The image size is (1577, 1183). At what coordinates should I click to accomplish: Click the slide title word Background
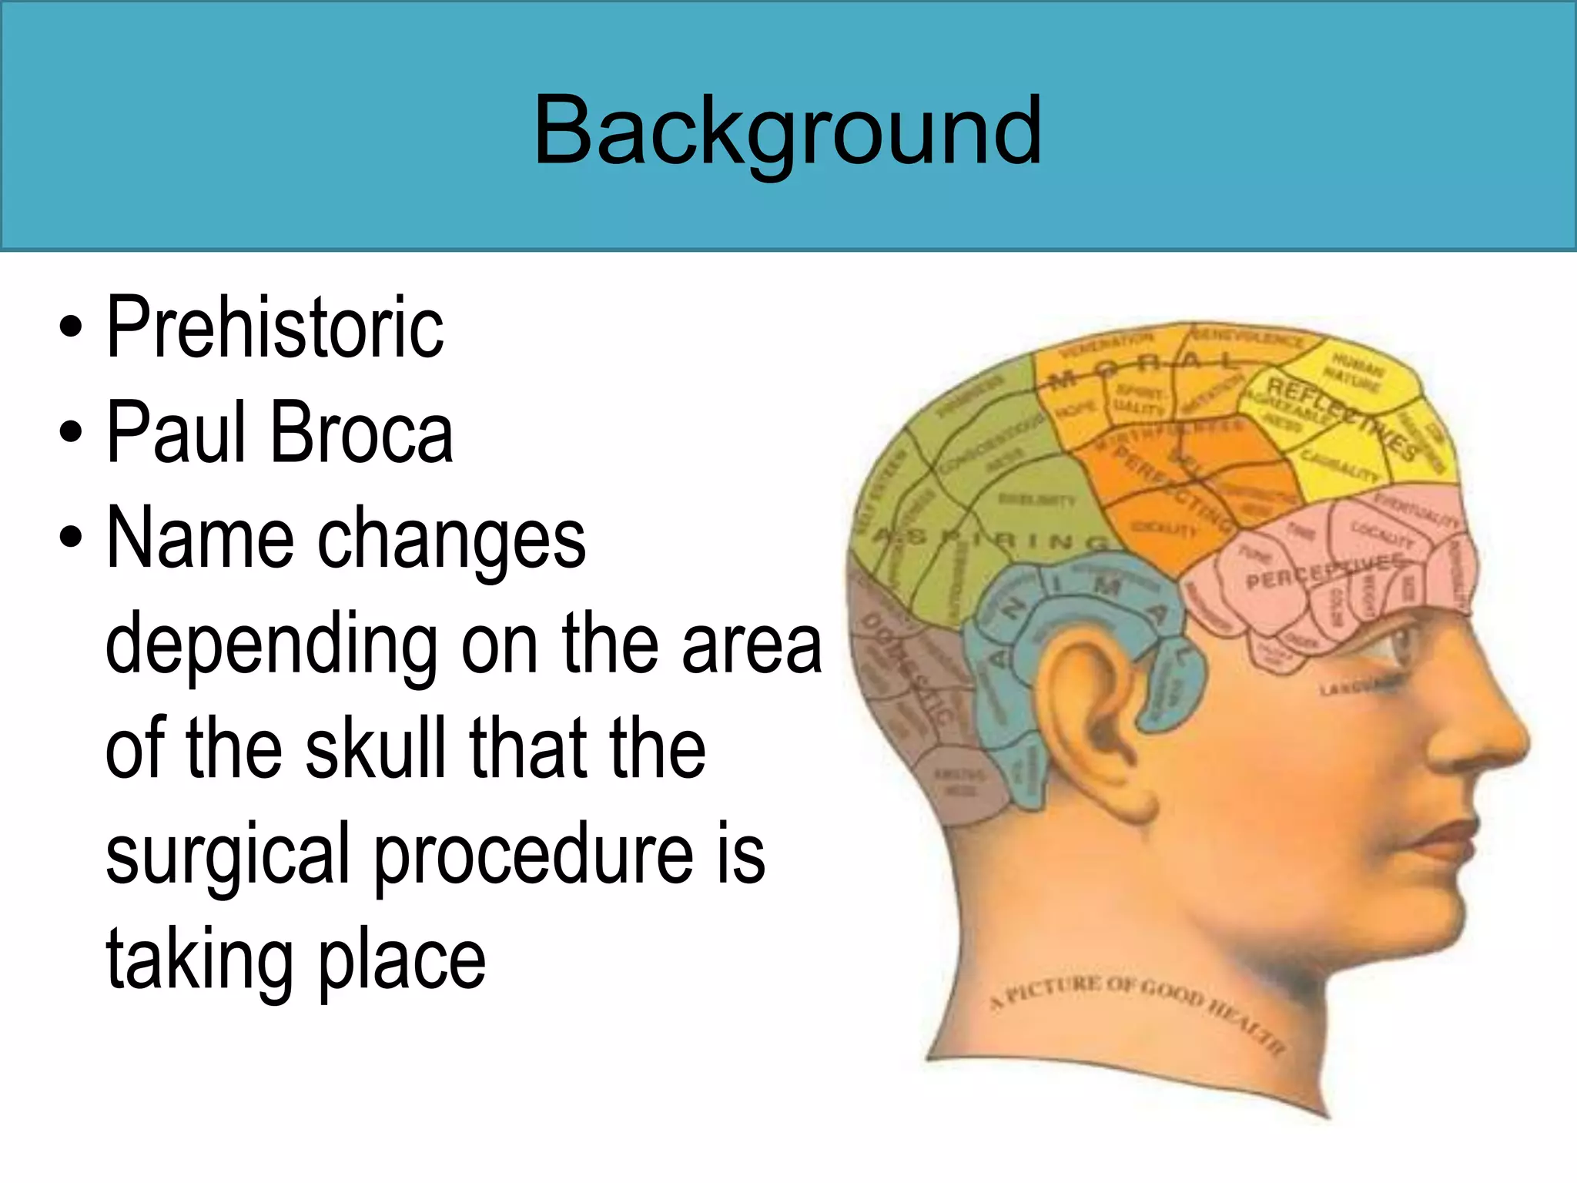coord(787,131)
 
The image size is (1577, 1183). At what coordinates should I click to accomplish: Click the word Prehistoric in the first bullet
coord(275,327)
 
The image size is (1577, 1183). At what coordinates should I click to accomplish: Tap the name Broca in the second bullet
coord(362,433)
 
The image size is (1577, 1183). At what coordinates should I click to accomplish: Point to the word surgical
coord(228,855)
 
